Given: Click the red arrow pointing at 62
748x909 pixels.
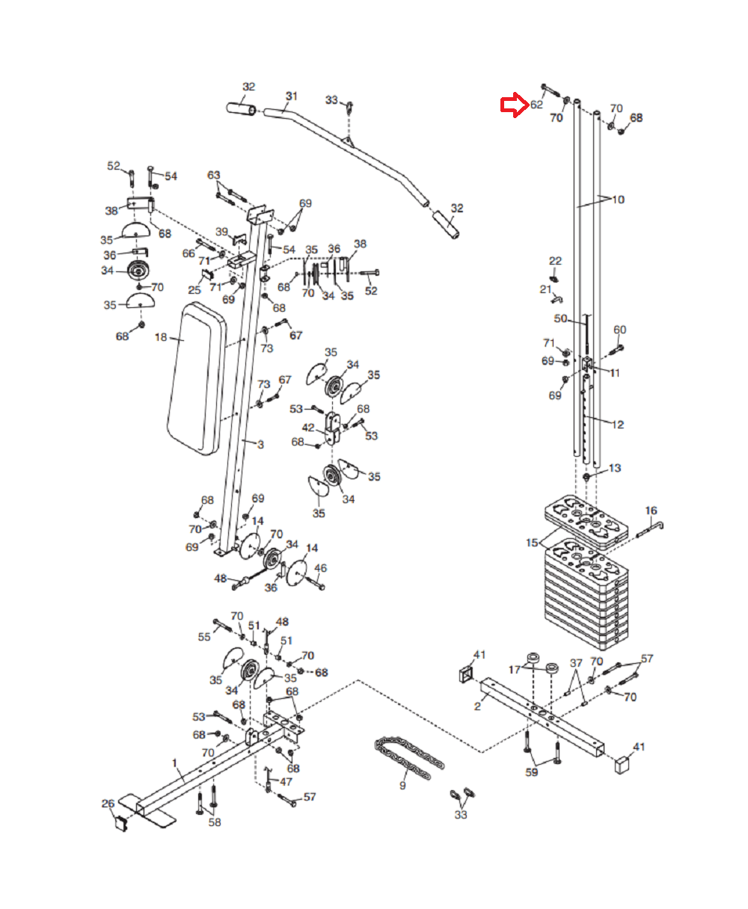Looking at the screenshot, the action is click(x=515, y=105).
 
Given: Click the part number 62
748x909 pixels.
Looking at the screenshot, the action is click(x=536, y=105).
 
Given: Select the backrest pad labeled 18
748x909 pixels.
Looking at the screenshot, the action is click(x=197, y=379).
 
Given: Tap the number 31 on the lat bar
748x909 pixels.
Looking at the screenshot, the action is click(x=292, y=96).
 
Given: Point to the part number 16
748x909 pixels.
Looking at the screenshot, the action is click(x=651, y=511).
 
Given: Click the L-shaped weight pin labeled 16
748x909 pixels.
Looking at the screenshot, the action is click(x=650, y=530).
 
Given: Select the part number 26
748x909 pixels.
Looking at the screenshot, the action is click(x=108, y=804).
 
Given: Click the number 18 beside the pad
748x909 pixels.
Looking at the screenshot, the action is click(x=161, y=337).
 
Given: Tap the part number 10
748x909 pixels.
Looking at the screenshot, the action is click(x=618, y=200).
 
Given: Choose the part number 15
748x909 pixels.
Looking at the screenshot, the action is click(x=533, y=543).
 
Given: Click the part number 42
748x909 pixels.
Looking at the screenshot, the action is click(x=308, y=428).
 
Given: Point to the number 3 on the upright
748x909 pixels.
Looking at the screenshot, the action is click(x=260, y=444).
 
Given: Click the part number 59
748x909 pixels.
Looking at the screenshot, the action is click(x=531, y=772).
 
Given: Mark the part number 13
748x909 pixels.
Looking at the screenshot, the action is click(x=615, y=468).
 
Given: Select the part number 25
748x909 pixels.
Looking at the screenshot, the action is click(x=194, y=289).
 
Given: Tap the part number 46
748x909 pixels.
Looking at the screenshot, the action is click(x=320, y=568).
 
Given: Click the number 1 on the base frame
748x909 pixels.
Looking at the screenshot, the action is click(x=175, y=763).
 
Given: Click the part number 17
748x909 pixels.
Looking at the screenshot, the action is click(x=514, y=669).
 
